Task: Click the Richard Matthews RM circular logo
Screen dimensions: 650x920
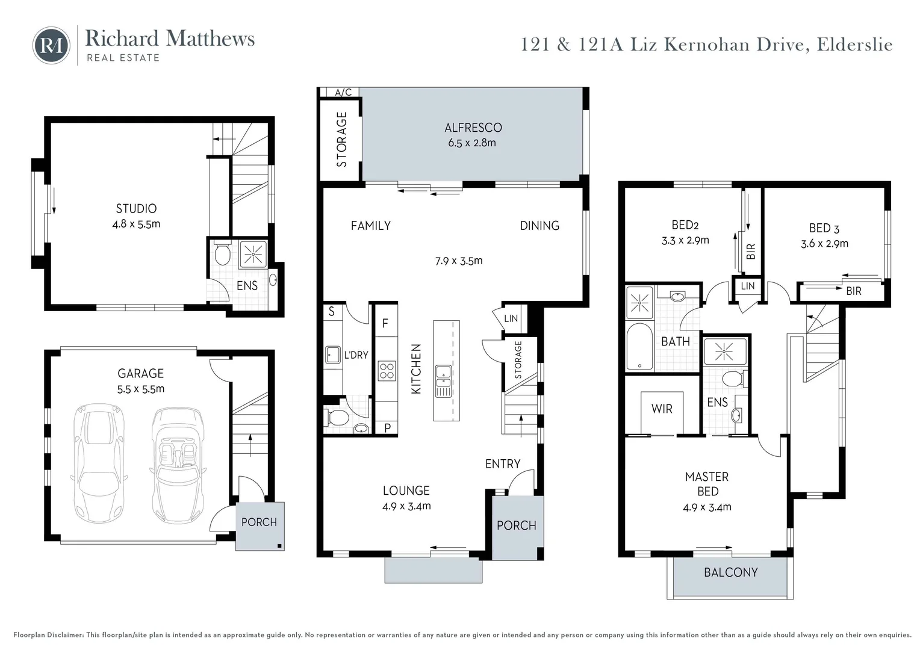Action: [x=51, y=45]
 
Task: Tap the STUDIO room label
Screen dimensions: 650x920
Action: [x=136, y=209]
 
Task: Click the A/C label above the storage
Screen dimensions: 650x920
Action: [x=343, y=93]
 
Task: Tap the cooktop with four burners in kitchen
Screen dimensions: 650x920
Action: [x=386, y=371]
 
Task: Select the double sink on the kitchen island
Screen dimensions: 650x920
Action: [x=444, y=380]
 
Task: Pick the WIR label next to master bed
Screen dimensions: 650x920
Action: [x=662, y=409]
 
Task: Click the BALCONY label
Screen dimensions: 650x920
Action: [x=730, y=572]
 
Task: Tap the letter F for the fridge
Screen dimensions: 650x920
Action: [x=385, y=324]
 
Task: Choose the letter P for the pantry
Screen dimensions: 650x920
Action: [x=387, y=428]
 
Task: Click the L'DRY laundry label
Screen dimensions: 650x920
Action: [x=355, y=355]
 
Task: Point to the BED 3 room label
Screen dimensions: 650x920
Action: [x=824, y=229]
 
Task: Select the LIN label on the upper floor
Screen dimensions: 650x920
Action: [x=747, y=286]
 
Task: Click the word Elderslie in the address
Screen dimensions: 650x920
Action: [x=854, y=45]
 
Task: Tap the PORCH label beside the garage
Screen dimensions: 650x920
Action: [x=259, y=522]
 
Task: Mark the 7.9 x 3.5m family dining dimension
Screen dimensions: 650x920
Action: [x=458, y=261]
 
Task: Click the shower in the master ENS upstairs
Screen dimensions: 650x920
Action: [x=724, y=351]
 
